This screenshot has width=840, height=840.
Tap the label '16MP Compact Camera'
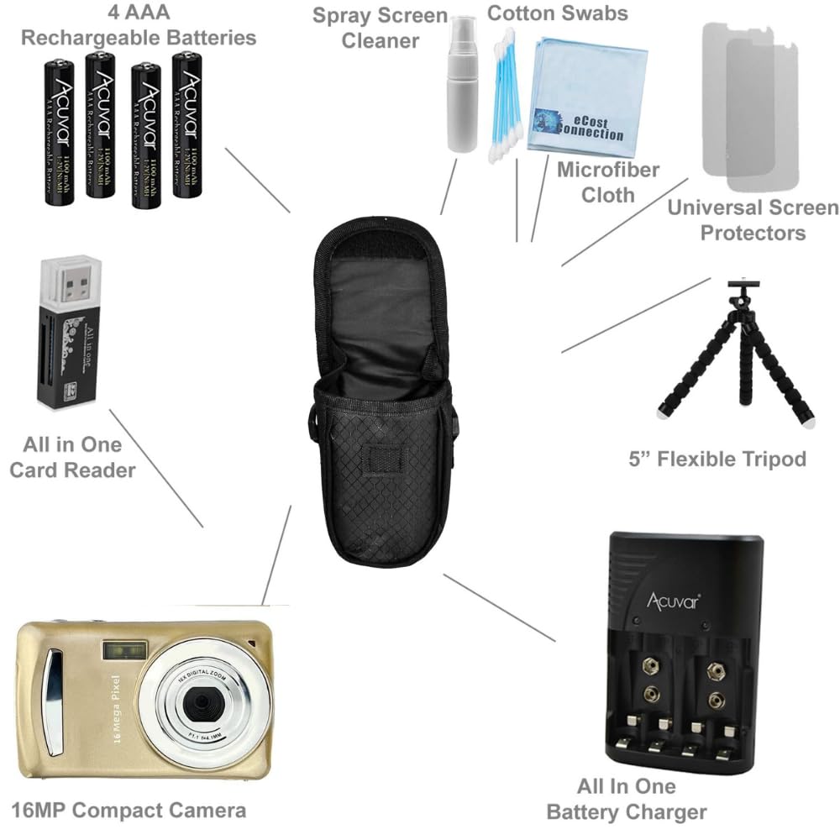point(129,810)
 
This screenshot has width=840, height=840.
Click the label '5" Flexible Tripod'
point(717,459)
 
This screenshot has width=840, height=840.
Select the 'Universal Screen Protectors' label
point(753,219)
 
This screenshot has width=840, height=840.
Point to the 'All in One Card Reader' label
point(72,457)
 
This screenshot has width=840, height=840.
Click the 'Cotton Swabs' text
point(557,13)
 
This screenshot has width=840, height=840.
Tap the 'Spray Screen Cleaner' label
point(381,28)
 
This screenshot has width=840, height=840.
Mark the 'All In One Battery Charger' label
point(626,799)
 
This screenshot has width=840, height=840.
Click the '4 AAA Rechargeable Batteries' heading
point(139,25)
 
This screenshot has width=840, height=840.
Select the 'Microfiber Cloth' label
point(608,181)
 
